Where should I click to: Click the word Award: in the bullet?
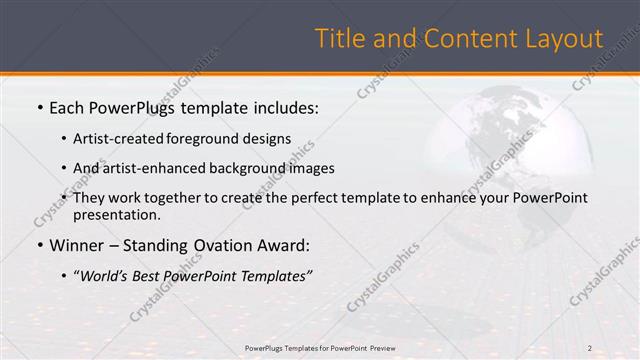click(x=285, y=245)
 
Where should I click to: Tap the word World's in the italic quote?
click(x=107, y=276)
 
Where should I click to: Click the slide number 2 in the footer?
click(x=589, y=348)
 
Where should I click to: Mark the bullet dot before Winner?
click(x=39, y=246)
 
